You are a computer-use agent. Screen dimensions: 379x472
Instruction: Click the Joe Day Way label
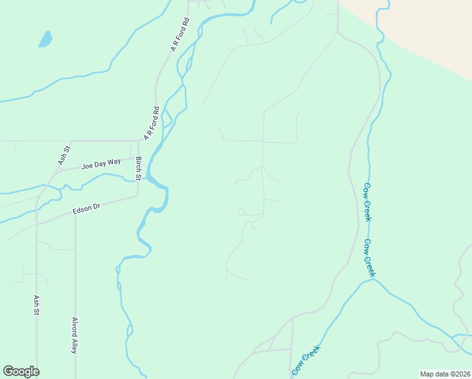coord(101,164)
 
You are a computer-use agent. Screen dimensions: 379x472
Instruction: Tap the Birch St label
coord(138,168)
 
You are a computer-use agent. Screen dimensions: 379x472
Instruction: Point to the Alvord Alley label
coord(74,335)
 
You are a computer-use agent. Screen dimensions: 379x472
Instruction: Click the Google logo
coord(21,371)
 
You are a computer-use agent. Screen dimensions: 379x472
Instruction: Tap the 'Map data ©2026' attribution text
coord(445,373)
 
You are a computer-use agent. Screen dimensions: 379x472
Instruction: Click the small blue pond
coord(45,39)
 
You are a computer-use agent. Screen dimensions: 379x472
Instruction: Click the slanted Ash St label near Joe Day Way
coord(64,155)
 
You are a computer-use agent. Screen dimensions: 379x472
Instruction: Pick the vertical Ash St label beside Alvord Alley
coord(37,304)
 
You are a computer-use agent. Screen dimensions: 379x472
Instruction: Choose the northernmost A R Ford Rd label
coord(180,35)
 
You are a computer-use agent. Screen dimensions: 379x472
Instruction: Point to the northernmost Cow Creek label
coord(367,202)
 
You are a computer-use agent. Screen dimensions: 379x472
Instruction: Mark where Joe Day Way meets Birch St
coord(138,157)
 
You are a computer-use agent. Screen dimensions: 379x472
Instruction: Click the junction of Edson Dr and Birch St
coord(138,196)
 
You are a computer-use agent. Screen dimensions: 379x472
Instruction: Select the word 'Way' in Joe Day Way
coord(114,162)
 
